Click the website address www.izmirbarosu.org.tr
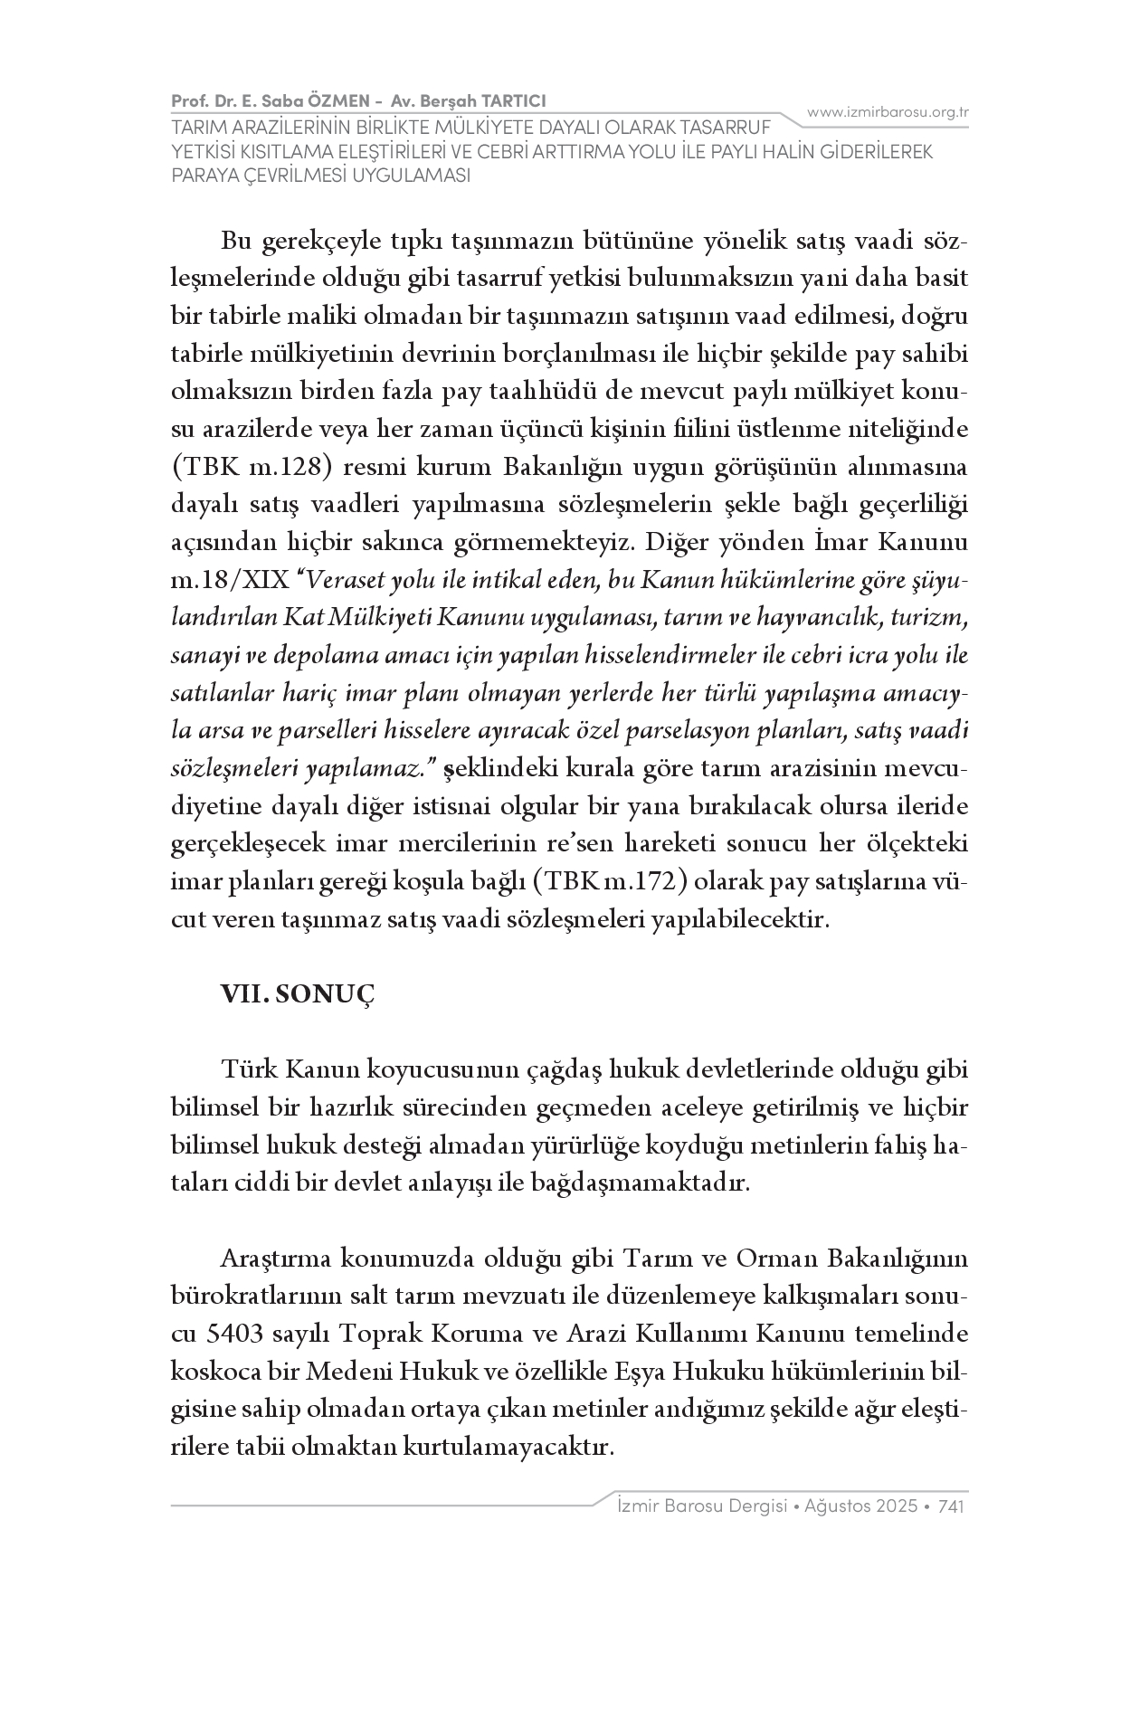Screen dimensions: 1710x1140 888,112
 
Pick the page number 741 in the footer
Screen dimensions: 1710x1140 954,1506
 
